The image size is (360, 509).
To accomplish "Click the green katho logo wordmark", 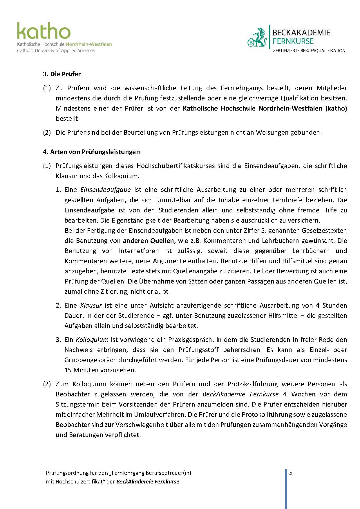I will point(44,31).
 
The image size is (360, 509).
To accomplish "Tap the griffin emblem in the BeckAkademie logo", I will point(257,38).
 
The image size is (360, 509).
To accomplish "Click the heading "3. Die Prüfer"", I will point(62,74).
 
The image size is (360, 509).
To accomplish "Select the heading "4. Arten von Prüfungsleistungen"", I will point(91,152).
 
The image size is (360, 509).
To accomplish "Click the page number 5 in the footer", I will point(291,473).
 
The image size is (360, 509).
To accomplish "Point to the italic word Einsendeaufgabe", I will point(105,189).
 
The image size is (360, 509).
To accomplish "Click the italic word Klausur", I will point(91,305).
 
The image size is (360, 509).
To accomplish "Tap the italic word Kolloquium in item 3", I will point(92,340).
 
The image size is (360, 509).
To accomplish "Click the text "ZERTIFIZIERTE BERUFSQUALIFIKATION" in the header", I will point(309,50).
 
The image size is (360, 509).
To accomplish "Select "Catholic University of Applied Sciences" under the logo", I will point(56,50).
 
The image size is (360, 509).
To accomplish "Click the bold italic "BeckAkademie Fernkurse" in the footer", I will point(148,481).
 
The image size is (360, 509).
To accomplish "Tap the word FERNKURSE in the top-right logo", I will point(293,41).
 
